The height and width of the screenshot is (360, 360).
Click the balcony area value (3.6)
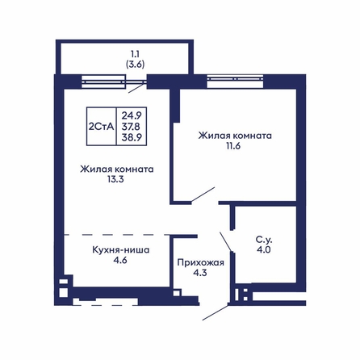point(135,65)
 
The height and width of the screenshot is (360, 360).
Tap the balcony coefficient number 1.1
point(135,54)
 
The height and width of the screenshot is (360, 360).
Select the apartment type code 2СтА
point(102,127)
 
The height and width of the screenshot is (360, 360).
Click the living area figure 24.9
point(132,115)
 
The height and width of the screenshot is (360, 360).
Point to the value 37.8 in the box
point(131,127)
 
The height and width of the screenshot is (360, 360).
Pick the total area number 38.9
point(132,137)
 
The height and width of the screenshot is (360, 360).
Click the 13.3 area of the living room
point(115,179)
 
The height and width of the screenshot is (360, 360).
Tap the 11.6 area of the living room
point(233,146)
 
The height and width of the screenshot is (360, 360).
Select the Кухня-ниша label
point(121,250)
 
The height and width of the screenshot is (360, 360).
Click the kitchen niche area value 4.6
point(120,261)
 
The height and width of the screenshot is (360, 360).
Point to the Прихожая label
point(201,262)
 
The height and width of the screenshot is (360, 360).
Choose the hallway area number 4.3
point(200,273)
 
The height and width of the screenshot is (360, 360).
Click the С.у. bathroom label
point(264,240)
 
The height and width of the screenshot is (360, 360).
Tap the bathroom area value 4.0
point(264,249)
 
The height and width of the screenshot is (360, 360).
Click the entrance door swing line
point(216,312)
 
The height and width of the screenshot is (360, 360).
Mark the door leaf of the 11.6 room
point(203,195)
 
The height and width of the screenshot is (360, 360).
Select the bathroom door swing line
point(225,241)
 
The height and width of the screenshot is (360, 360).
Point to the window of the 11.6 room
point(235,82)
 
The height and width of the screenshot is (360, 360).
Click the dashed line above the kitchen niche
point(116,235)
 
